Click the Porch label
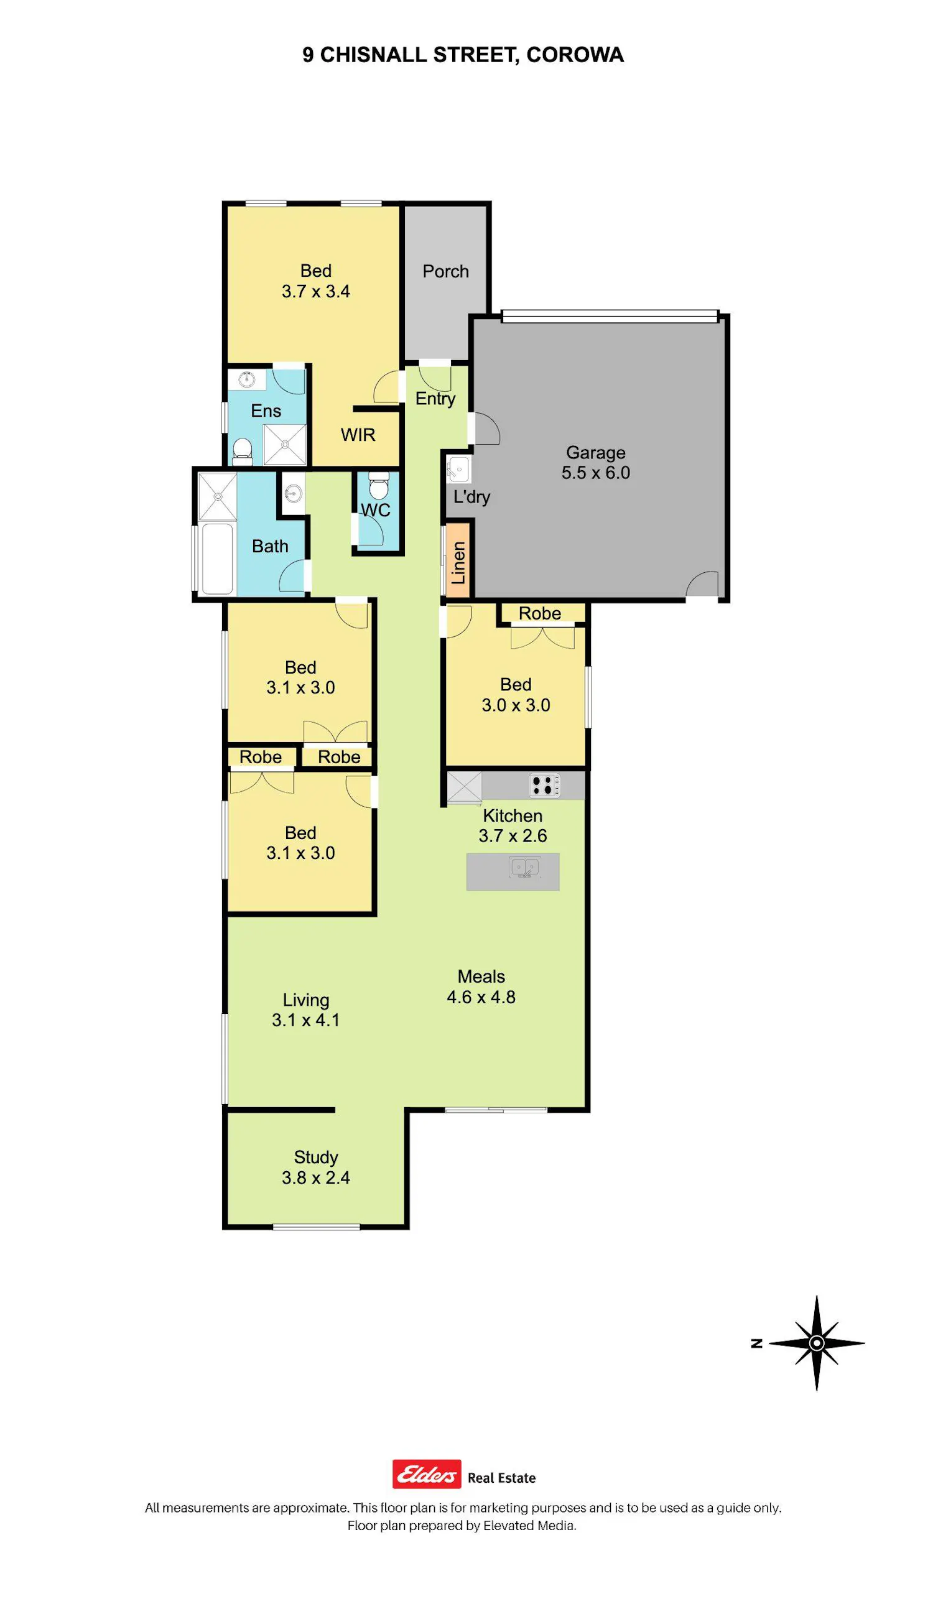(x=445, y=271)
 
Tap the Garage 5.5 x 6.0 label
(x=596, y=463)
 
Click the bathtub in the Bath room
(x=217, y=559)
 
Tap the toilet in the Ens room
(x=242, y=452)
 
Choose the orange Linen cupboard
(x=458, y=562)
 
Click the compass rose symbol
(x=816, y=1343)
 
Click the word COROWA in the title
(x=575, y=55)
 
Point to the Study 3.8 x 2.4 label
(x=316, y=1167)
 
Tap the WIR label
(x=358, y=434)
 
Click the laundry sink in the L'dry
(x=458, y=469)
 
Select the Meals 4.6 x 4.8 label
(x=481, y=986)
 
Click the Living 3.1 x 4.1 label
(x=305, y=1009)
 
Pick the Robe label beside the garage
(x=539, y=613)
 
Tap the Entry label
(x=435, y=399)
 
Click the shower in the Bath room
(x=217, y=496)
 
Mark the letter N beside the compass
(x=757, y=1343)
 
